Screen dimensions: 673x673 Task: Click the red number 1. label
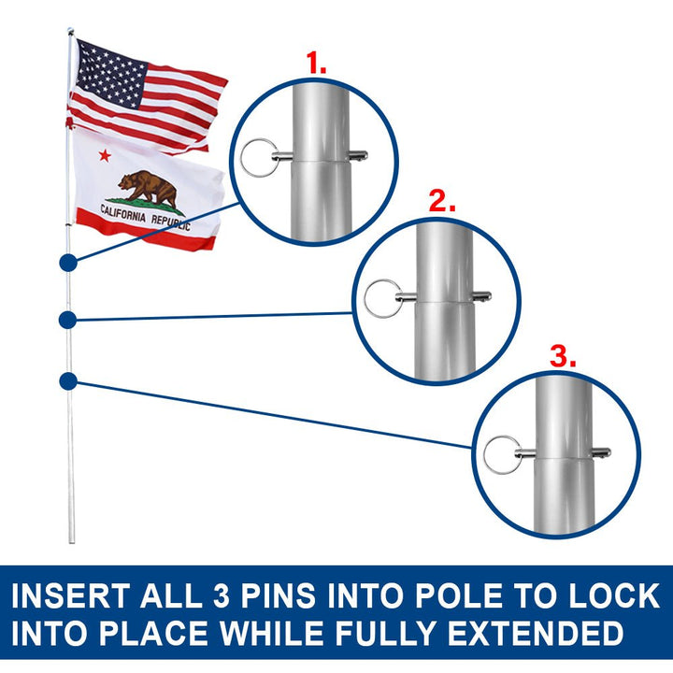[318, 64]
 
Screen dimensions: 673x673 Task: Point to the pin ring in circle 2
[379, 299]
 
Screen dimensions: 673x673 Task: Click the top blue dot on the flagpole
[67, 263]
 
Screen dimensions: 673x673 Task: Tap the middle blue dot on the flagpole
[67, 321]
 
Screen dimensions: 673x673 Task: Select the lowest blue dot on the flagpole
[67, 380]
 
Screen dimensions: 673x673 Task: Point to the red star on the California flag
[105, 153]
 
